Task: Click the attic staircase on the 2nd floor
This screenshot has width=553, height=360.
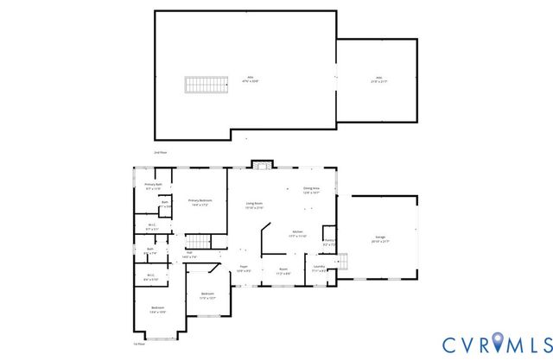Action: pyautogui.click(x=200, y=84)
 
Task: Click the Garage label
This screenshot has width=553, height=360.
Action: pyautogui.click(x=380, y=239)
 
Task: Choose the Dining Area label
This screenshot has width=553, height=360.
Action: pyautogui.click(x=311, y=190)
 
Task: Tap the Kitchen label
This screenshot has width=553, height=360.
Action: pyautogui.click(x=297, y=234)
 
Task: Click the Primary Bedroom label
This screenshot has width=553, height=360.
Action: pyautogui.click(x=200, y=203)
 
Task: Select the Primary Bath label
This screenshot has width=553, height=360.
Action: pyautogui.click(x=154, y=186)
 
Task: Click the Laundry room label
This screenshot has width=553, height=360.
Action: pyautogui.click(x=320, y=268)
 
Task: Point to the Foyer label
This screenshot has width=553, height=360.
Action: pyautogui.click(x=244, y=269)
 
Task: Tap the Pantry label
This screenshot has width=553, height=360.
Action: pyautogui.click(x=329, y=243)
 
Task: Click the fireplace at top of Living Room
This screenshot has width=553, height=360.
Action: pyautogui.click(x=262, y=165)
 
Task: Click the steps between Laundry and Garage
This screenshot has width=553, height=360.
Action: pyautogui.click(x=341, y=261)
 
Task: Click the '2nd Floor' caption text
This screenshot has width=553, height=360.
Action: pyautogui.click(x=161, y=152)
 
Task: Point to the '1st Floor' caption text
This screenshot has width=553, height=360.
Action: pyautogui.click(x=138, y=343)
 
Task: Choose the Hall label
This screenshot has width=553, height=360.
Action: pyautogui.click(x=189, y=255)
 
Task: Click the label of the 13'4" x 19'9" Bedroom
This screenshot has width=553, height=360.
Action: pyautogui.click(x=158, y=309)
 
